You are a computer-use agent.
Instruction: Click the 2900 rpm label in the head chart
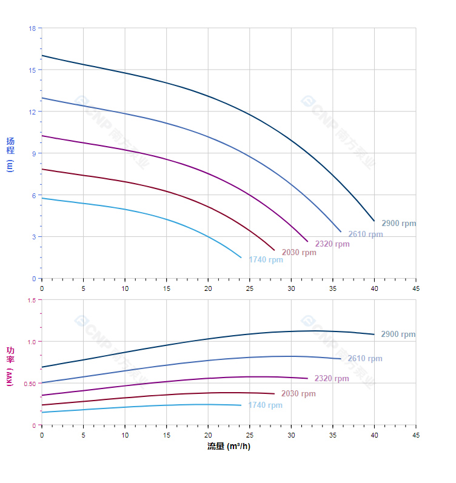(398, 224)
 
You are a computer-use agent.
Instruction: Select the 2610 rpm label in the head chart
(365, 235)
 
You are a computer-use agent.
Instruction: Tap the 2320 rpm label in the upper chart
(332, 244)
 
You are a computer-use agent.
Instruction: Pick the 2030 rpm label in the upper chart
(298, 253)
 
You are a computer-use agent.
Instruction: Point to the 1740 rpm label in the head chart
(266, 260)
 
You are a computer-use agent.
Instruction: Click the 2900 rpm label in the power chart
(398, 335)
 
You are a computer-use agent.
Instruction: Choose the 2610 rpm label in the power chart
(364, 359)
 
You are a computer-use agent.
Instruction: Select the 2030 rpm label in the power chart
(298, 394)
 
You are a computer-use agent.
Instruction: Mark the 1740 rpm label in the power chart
(265, 405)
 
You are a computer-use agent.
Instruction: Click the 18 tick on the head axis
(32, 28)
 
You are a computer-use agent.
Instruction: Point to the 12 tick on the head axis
(32, 112)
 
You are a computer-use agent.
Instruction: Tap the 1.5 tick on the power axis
(32, 300)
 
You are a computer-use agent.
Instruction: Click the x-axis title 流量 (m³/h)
(229, 447)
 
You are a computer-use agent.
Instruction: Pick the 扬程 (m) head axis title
(10, 155)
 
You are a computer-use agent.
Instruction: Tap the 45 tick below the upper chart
(416, 288)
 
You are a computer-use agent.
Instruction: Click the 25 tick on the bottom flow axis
(249, 435)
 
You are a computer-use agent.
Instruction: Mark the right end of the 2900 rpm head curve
(374, 221)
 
